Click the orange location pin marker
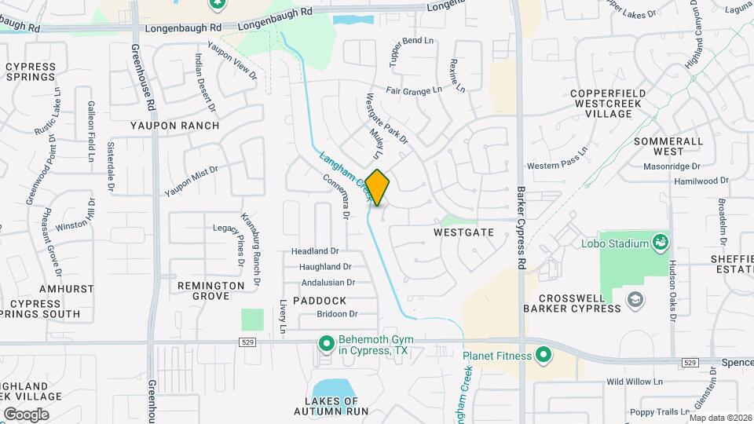[x=378, y=187]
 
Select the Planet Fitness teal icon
[x=542, y=356]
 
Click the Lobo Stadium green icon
[x=661, y=243]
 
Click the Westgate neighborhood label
[x=463, y=232]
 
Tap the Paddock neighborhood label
[x=320, y=301]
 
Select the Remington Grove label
[x=211, y=291]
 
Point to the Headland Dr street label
[x=315, y=251]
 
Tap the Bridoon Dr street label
[x=337, y=314]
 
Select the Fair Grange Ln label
[x=414, y=91]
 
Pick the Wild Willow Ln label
[x=635, y=382]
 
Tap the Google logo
[x=26, y=414]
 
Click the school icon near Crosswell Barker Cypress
[x=635, y=299]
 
